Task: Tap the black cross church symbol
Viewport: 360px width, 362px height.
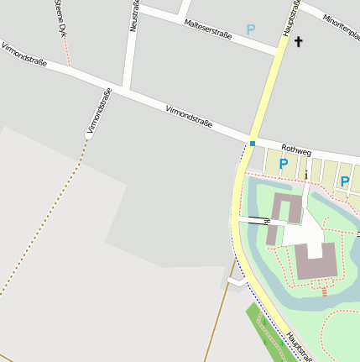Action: [x=299, y=40]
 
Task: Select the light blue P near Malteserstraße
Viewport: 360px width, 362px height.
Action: [x=250, y=29]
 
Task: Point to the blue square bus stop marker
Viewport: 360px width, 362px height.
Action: [x=252, y=143]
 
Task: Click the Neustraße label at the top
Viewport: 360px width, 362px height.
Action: [x=134, y=17]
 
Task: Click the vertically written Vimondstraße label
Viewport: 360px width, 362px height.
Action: [x=99, y=112]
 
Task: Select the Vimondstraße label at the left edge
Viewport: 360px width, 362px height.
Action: [x=23, y=55]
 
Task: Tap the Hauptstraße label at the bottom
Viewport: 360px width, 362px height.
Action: [x=298, y=346]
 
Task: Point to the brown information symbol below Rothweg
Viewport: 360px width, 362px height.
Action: [x=306, y=175]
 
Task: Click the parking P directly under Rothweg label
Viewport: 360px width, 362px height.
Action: [x=284, y=165]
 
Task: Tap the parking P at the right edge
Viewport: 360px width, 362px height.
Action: [x=345, y=181]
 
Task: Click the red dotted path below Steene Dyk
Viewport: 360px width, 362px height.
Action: [x=67, y=52]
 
